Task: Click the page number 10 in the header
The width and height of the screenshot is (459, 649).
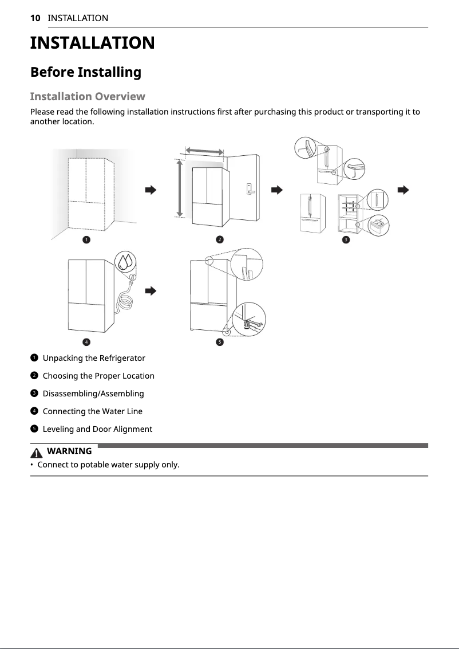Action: pos(35,18)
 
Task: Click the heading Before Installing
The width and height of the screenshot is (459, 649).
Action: pos(85,72)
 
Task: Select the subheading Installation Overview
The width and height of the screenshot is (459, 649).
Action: pos(87,96)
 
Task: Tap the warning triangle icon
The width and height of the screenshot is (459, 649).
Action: pos(38,452)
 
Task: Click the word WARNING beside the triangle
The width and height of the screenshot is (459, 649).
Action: pos(69,451)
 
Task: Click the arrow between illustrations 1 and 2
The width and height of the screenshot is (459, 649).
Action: pos(151,190)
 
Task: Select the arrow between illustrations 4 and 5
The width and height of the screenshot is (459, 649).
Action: pos(151,291)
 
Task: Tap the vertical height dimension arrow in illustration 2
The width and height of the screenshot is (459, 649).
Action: pos(180,188)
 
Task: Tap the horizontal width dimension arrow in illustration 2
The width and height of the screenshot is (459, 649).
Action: pos(204,150)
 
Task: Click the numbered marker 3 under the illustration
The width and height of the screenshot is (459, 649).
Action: pos(345,239)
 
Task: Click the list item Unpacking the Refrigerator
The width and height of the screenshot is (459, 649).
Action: pos(94,358)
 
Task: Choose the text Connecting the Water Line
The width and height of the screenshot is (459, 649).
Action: pos(92,411)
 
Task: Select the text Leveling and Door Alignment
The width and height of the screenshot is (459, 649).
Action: pos(97,429)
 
